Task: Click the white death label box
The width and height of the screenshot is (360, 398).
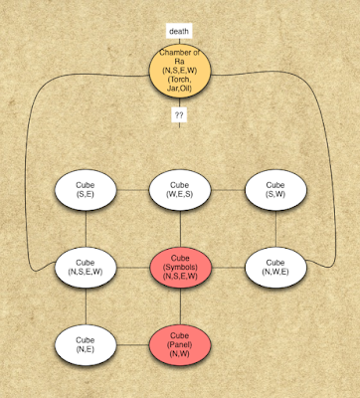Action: pos(179,31)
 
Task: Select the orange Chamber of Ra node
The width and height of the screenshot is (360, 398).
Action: pos(180,71)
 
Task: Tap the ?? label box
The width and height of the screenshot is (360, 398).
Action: pos(179,115)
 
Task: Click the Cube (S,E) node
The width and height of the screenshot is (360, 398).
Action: pos(86,190)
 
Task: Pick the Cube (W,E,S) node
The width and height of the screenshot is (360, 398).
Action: pos(180,190)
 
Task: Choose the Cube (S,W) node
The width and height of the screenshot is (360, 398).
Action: pos(275,190)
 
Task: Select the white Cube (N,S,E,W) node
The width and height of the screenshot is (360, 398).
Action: pos(86,268)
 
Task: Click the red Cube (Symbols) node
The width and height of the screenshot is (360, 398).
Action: pos(180,268)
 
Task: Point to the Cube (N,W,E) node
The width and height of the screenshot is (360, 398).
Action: pos(275,268)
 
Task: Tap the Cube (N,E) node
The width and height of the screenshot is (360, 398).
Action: pos(86,345)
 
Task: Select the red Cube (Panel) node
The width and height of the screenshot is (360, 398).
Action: pos(180,345)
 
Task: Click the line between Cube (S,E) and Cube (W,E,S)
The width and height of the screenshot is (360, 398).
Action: pos(132,190)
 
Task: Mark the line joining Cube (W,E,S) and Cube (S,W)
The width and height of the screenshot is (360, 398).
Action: pos(228,190)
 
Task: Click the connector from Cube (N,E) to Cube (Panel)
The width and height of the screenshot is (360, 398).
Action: pos(133,345)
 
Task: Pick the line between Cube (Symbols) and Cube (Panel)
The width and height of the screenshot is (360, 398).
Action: pos(180,306)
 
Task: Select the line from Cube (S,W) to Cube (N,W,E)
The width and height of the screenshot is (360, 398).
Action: pos(275,229)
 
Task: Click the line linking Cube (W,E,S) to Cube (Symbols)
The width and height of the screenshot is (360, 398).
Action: pos(180,229)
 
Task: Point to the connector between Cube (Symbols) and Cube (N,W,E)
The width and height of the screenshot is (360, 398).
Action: pos(228,268)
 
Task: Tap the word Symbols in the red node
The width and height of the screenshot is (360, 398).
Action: pos(180,267)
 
